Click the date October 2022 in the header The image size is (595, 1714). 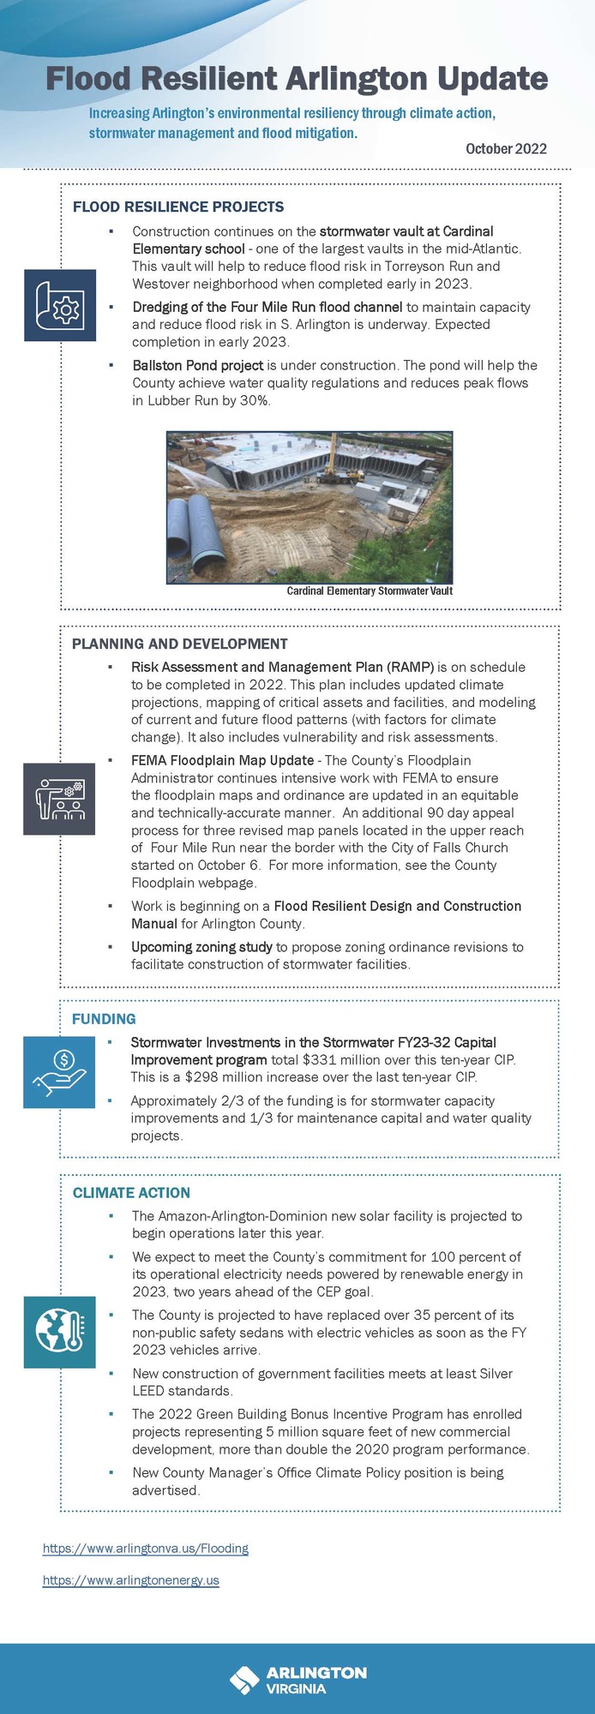[x=506, y=148]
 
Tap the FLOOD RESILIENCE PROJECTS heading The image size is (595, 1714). [x=178, y=207]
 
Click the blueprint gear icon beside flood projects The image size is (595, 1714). [x=60, y=305]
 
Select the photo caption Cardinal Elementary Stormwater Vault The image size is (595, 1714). [x=369, y=590]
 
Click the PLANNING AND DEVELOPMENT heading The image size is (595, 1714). [x=179, y=644]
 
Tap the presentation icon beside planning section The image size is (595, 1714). [x=59, y=798]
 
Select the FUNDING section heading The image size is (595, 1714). [x=104, y=1019]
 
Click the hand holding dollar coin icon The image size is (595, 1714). [x=59, y=1072]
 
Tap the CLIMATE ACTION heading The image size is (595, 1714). [x=131, y=1193]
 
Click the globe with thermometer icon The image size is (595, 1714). [x=59, y=1332]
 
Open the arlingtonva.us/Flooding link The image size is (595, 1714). [x=146, y=1549]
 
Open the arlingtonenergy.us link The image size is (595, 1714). [x=131, y=1580]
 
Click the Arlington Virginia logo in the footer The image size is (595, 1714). [x=297, y=1680]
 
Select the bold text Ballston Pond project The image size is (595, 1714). [x=197, y=365]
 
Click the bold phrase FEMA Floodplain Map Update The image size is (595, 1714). [x=222, y=760]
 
